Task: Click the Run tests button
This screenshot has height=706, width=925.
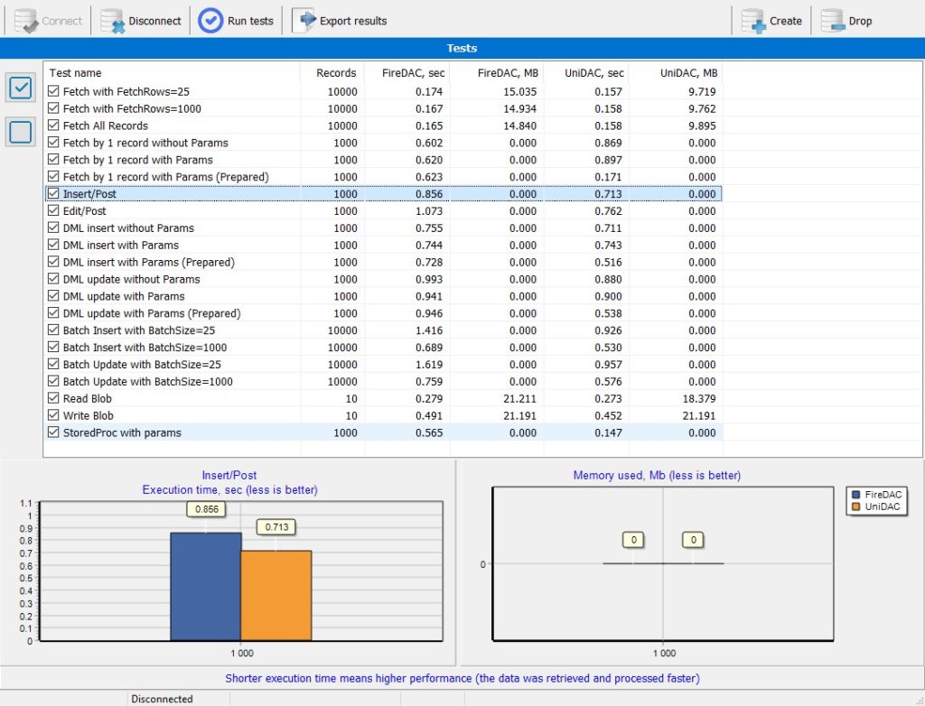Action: (x=236, y=22)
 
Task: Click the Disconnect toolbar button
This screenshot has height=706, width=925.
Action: (x=141, y=22)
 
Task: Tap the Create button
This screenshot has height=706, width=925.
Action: (x=771, y=22)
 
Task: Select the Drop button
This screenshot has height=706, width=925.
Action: (x=846, y=22)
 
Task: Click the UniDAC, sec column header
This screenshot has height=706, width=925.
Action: (x=594, y=73)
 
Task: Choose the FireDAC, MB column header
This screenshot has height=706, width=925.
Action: (x=508, y=73)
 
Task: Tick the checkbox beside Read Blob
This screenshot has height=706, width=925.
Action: (x=53, y=398)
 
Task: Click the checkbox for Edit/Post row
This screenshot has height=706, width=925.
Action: (x=53, y=210)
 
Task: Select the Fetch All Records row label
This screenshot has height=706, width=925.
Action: (x=106, y=125)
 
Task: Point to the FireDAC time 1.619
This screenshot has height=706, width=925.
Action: (x=429, y=365)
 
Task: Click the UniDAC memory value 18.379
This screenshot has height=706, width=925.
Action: (x=699, y=399)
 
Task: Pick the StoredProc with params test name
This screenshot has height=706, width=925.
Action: (x=122, y=433)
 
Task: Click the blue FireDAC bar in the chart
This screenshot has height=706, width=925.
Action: (x=206, y=586)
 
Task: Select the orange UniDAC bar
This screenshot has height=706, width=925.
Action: (x=276, y=596)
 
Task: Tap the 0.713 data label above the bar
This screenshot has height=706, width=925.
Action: (x=276, y=526)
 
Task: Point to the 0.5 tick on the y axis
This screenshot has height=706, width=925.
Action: (x=25, y=579)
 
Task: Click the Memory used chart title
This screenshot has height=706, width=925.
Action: (x=657, y=476)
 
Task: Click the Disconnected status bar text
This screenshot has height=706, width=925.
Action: (x=162, y=699)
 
